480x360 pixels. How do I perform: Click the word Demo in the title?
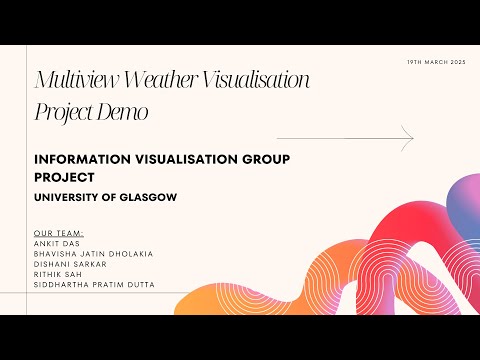click(124, 112)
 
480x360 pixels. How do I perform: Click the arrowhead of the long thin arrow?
click(409, 137)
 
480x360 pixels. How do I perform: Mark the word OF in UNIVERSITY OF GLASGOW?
click(113, 197)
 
